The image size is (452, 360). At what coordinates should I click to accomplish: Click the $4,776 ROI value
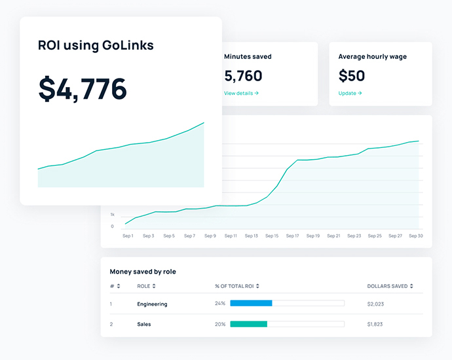[83, 89]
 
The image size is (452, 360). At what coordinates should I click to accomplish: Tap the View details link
[241, 93]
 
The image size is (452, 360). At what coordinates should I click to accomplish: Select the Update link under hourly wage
[350, 93]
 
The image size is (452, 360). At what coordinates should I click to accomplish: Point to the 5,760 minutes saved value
[243, 76]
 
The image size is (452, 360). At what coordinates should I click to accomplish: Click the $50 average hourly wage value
[352, 76]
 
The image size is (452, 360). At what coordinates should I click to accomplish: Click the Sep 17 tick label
[293, 236]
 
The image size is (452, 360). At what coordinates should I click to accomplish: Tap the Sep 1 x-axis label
[128, 236]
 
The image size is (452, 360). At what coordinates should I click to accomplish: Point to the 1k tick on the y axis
[112, 215]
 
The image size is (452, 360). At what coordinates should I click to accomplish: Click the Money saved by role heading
[143, 272]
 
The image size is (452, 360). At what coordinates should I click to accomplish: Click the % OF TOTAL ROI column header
[236, 286]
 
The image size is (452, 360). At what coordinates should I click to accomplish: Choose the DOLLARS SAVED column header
[390, 286]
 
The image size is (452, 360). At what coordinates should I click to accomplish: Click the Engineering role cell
[152, 304]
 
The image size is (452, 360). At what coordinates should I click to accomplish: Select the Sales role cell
[143, 324]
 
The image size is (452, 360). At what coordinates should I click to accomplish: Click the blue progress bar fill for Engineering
[251, 303]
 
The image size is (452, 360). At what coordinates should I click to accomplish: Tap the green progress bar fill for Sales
[248, 323]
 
